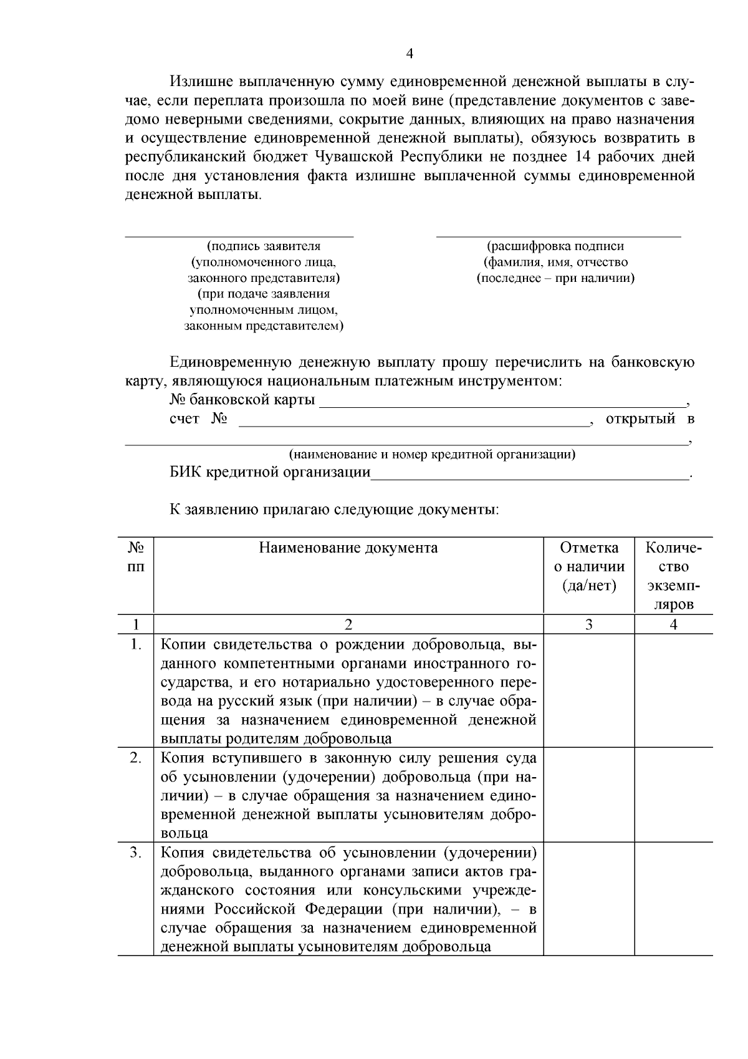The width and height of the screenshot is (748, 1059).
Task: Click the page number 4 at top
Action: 410,54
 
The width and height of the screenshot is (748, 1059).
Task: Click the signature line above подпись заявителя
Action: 239,236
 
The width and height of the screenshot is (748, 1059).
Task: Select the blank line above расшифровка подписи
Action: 559,236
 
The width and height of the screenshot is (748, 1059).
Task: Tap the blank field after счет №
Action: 414,424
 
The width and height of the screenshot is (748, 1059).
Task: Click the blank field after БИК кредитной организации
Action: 530,477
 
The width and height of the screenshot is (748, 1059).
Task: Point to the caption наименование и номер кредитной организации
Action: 431,454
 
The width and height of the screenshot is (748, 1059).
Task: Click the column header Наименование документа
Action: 348,548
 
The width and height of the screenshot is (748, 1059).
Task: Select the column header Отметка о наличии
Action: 589,566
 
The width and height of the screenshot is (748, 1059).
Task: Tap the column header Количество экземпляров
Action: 673,576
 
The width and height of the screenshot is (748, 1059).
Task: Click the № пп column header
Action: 136,557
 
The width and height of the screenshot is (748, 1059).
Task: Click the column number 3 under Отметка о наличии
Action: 589,624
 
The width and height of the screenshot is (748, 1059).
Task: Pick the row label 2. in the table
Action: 136,758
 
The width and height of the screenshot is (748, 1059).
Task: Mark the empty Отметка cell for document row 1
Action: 589,690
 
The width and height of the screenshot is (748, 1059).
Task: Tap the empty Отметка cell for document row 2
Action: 589,795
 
